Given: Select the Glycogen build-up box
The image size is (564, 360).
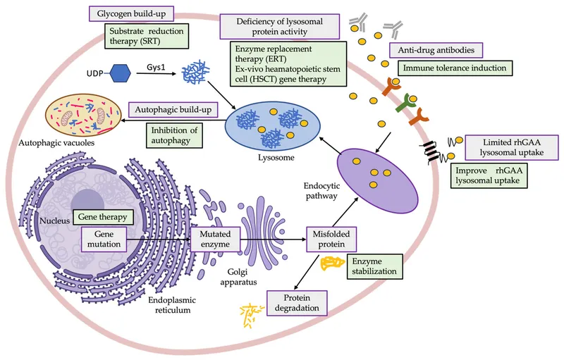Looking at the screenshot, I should click(x=133, y=13).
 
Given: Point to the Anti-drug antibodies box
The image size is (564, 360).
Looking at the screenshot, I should click(x=436, y=51).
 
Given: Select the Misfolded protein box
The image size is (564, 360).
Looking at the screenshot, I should click(x=331, y=237).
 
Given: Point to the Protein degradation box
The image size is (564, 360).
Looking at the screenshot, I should click(x=298, y=302).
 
